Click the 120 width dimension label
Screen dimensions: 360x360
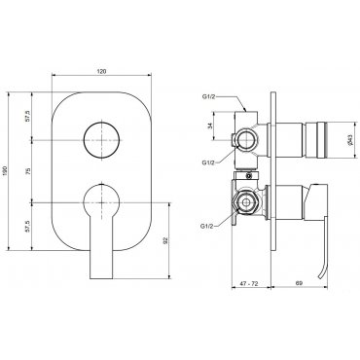coord(102,71)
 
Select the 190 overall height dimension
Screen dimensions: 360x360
coord(5,171)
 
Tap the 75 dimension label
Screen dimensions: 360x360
coord(28,171)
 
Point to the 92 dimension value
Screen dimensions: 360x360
coord(165,240)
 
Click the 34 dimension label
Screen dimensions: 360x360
coord(209,126)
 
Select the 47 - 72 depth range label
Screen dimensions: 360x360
coord(249,283)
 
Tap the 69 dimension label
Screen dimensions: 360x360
coord(299,283)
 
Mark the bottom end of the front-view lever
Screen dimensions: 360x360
coord(101,278)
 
